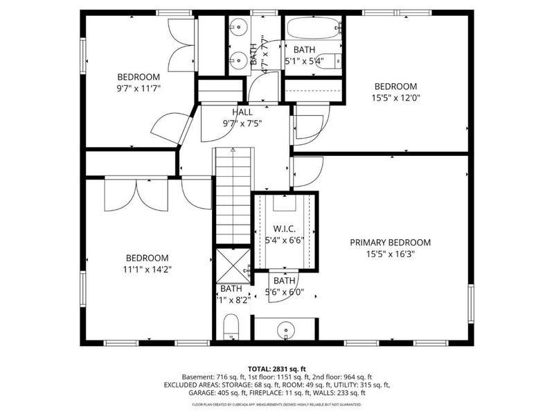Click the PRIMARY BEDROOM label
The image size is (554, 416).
(390, 243)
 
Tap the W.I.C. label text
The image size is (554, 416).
(285, 228)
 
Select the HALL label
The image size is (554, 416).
(242, 112)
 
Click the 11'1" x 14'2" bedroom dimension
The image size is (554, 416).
(148, 268)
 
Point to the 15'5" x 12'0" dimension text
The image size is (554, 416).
(395, 98)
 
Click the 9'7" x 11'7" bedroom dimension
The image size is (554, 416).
(138, 89)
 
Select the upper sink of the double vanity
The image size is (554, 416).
(239, 28)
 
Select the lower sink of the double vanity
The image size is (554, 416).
(239, 60)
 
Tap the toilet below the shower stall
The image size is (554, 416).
(231, 326)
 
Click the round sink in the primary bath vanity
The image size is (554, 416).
(285, 329)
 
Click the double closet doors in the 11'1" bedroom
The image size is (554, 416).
(137, 194)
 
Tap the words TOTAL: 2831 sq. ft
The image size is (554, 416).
(276, 368)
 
